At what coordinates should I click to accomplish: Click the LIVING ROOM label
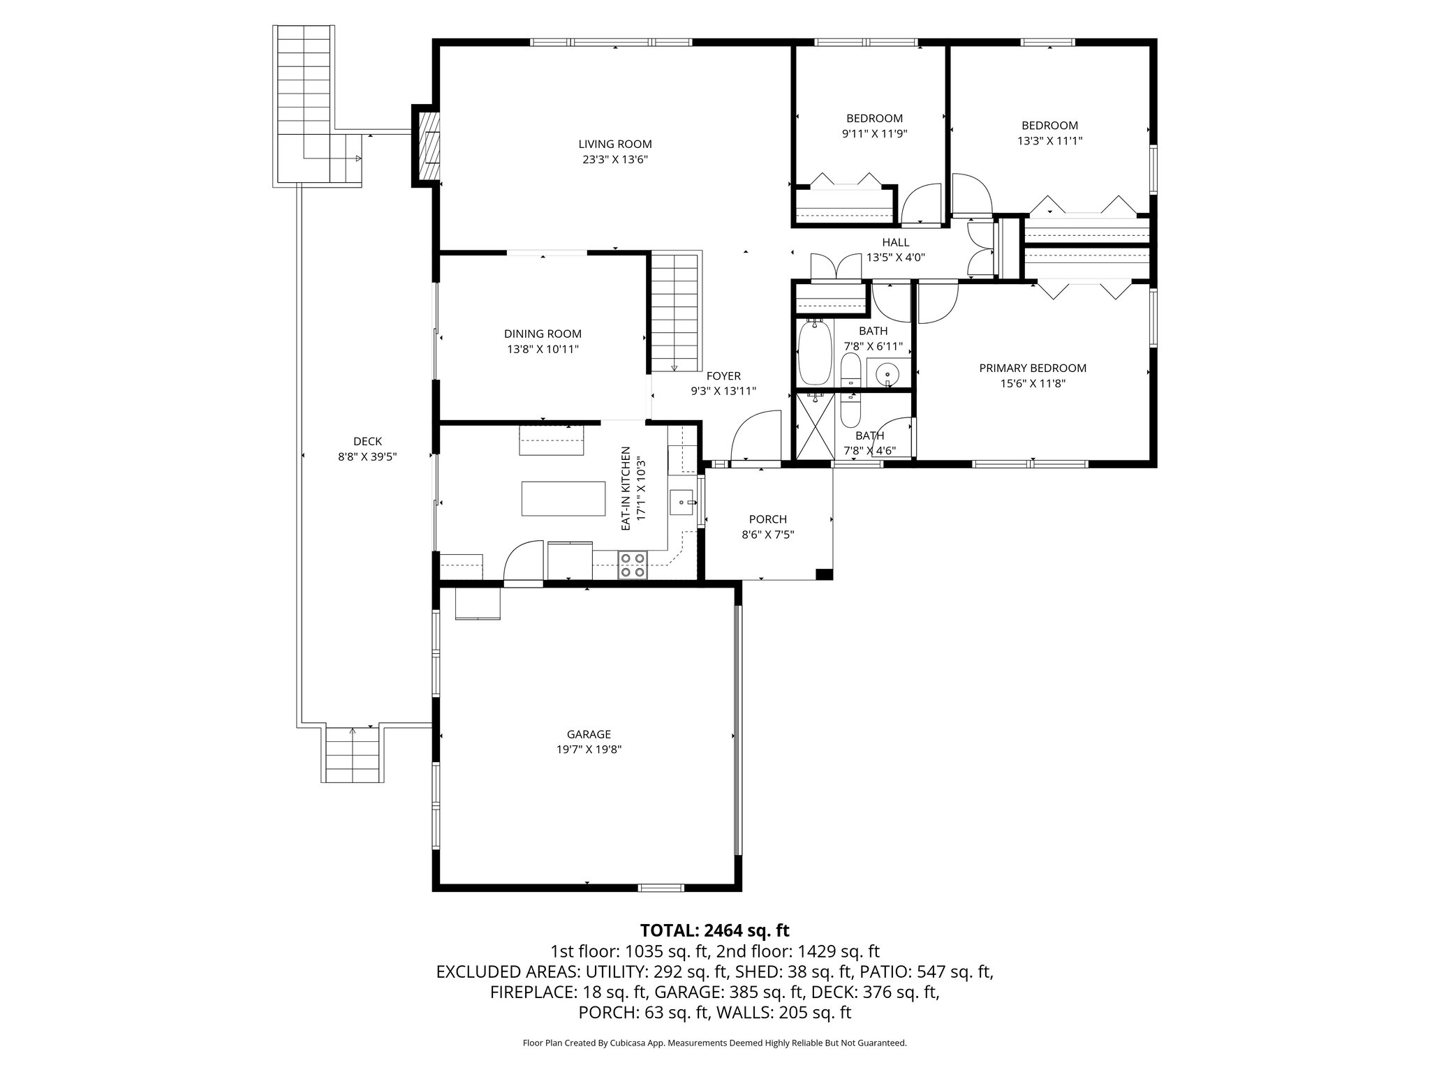(x=614, y=144)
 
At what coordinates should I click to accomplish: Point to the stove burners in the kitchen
(x=633, y=565)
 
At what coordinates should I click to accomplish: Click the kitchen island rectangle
(x=563, y=498)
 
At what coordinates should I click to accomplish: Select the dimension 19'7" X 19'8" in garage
(x=589, y=750)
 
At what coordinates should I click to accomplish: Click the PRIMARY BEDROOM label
(x=1033, y=368)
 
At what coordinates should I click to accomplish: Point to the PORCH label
(x=767, y=519)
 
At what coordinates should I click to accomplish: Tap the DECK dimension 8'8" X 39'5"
(x=367, y=456)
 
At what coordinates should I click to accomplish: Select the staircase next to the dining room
(x=675, y=313)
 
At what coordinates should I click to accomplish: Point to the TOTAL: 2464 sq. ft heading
(x=714, y=930)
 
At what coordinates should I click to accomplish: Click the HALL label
(x=895, y=242)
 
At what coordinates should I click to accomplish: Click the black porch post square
(x=824, y=574)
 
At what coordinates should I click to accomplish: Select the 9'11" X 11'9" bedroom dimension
(x=874, y=133)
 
